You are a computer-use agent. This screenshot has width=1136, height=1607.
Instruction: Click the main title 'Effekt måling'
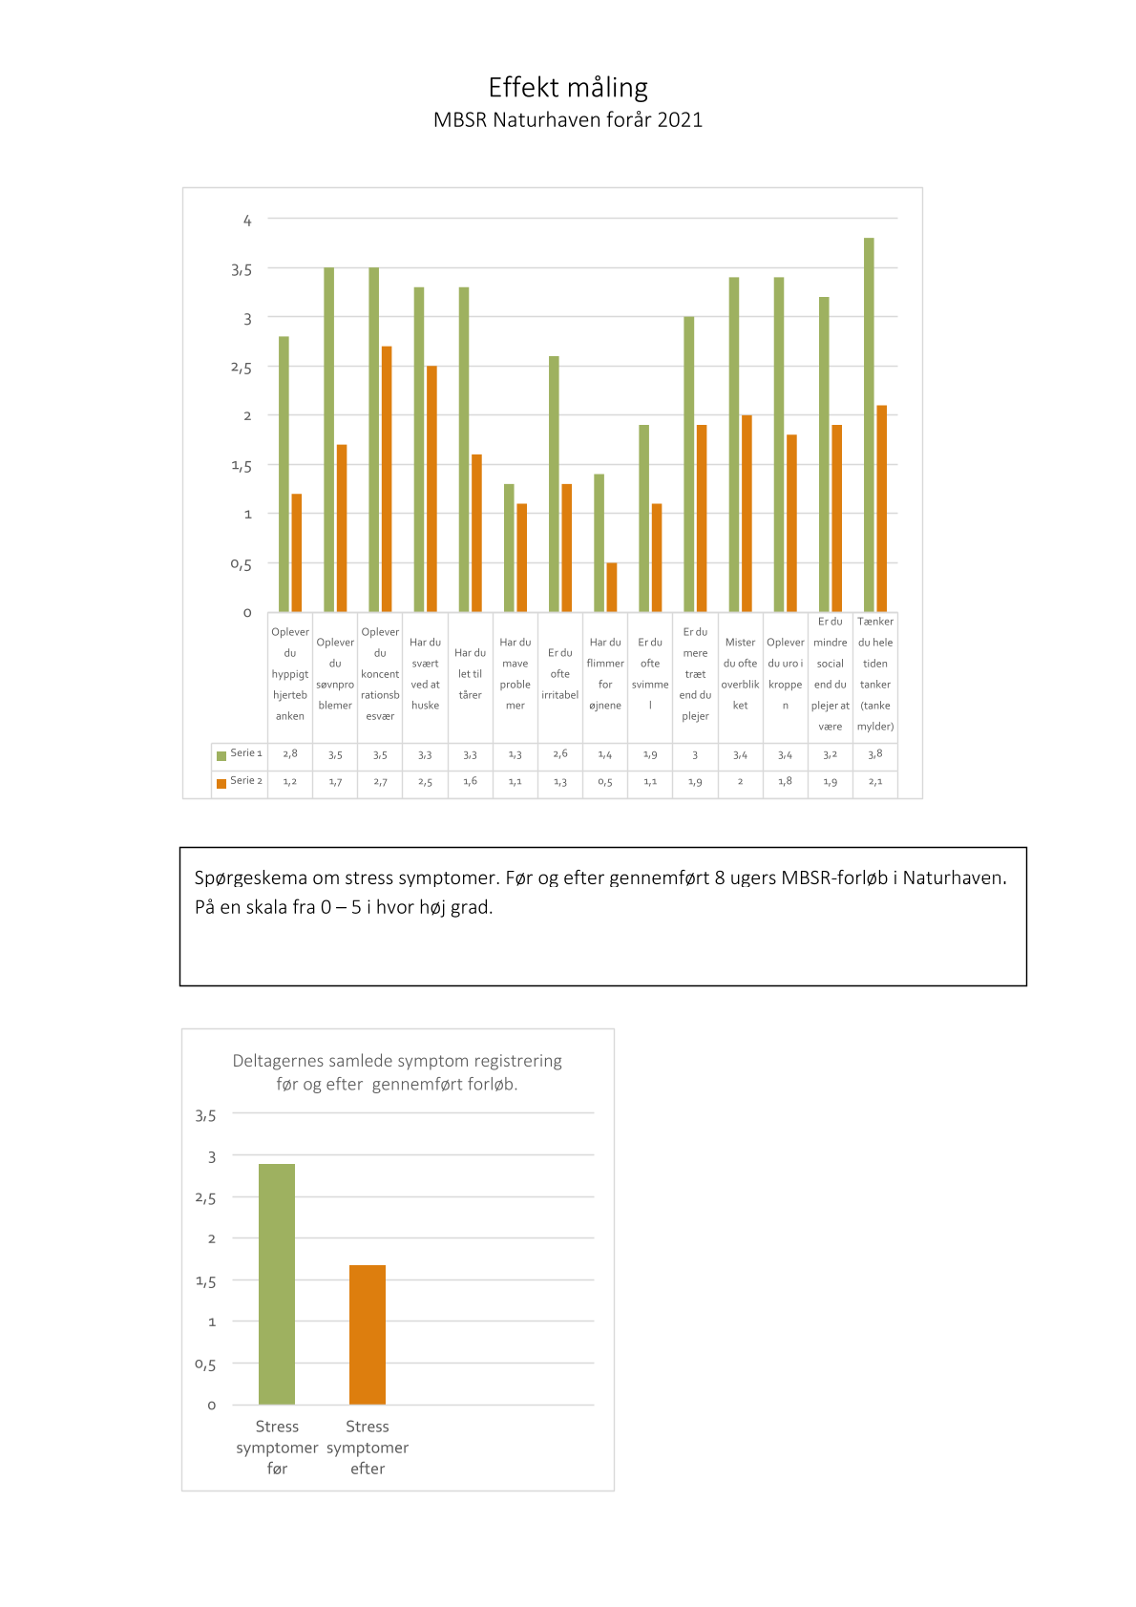[568, 88]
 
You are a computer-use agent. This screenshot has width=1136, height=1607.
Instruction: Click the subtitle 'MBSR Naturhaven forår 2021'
[568, 119]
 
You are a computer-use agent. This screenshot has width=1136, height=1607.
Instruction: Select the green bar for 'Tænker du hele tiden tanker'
[869, 425]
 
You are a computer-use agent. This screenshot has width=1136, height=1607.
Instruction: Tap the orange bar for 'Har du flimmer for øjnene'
[612, 587]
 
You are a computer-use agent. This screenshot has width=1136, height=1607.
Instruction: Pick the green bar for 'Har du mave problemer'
[509, 548]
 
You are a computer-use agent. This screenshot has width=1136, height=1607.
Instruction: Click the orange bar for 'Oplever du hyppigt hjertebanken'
[297, 553]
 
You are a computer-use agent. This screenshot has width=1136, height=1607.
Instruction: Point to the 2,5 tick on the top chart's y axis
[241, 368]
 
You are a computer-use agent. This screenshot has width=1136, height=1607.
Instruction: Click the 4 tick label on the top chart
[247, 221]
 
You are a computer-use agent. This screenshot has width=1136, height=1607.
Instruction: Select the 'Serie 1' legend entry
[240, 753]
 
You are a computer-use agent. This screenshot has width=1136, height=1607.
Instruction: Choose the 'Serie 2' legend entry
[240, 780]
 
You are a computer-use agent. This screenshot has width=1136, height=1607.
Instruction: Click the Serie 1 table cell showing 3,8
[875, 754]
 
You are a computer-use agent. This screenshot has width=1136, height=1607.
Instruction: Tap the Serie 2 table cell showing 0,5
[605, 782]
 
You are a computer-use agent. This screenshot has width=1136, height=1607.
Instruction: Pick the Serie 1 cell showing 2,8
[290, 754]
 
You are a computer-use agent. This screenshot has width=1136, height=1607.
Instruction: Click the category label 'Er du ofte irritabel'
[560, 674]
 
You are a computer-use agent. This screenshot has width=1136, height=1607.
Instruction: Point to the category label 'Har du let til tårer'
[471, 674]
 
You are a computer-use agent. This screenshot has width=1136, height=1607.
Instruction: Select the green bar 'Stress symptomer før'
[277, 1283]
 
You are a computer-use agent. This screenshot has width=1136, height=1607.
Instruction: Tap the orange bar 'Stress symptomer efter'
[368, 1334]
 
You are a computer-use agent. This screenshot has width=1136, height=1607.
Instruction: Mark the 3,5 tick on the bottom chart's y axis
[205, 1115]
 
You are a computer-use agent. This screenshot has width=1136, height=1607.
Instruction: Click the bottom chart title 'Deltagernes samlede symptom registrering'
[397, 1060]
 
